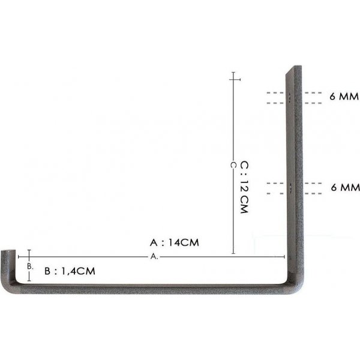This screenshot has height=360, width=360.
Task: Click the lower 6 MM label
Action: (345, 188)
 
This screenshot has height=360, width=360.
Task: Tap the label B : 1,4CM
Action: (70, 271)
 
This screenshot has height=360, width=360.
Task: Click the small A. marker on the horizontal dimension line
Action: (154, 256)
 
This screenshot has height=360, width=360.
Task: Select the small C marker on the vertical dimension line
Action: (233, 164)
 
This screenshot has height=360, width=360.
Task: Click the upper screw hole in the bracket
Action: (291, 97)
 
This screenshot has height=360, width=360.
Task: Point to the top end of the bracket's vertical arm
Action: (291, 70)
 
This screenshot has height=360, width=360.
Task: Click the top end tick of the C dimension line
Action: (233, 79)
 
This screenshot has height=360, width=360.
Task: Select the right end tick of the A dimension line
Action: (283, 256)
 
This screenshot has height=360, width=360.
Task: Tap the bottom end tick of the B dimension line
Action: (28, 280)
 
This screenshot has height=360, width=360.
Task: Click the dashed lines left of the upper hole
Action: (275, 98)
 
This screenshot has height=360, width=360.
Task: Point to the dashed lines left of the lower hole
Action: (275, 188)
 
